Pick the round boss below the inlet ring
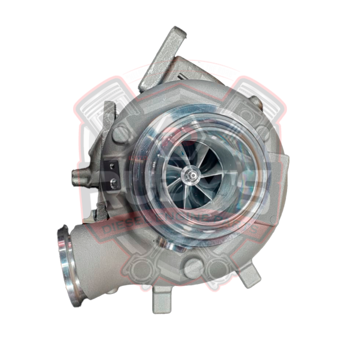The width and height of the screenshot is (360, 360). coord(193,267)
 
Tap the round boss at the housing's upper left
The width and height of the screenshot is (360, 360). coord(122,135)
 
